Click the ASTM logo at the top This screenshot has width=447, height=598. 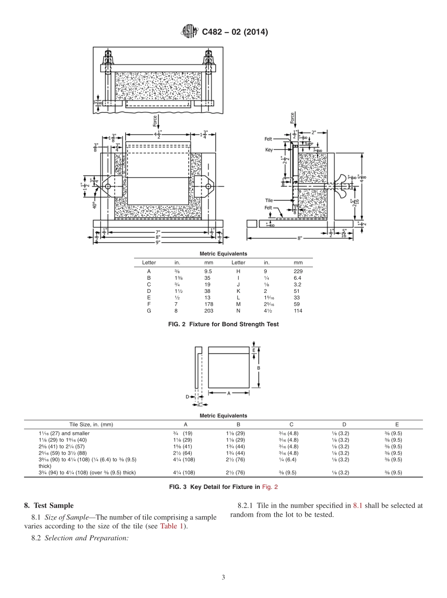pos(189,32)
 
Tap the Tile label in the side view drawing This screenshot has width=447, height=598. pos(269,200)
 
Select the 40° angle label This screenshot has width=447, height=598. pos(94,205)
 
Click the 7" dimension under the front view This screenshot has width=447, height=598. pos(158,232)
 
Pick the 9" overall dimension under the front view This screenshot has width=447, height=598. pos(158,242)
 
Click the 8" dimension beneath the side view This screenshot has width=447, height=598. pos(300,238)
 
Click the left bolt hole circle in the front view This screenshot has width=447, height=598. pos(108,187)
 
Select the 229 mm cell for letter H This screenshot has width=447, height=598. pos(297,271)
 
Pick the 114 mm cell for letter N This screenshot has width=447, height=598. pos(297,311)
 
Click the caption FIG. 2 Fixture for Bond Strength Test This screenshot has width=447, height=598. pos(223,324)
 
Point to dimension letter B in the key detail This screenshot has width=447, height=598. pos(258,368)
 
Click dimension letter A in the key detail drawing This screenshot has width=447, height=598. pos(229,393)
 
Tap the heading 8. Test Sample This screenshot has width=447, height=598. pos(48,505)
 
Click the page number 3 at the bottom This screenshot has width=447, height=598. pos(223,577)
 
